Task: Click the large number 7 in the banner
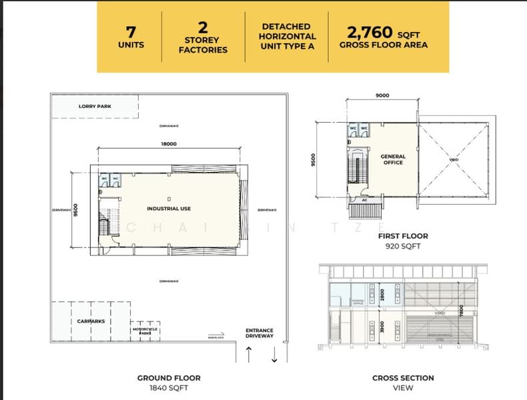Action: (131, 31)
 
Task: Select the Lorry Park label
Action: (94, 107)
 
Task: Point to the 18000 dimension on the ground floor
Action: (168, 143)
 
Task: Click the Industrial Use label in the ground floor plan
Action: (169, 209)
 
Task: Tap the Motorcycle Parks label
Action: (145, 330)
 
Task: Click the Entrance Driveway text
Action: (259, 333)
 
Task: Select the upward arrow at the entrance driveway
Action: (249, 354)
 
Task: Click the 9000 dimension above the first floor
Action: (382, 95)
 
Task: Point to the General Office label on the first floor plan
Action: (393, 159)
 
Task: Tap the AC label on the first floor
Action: (365, 199)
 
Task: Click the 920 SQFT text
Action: (402, 246)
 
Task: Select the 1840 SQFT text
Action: (169, 387)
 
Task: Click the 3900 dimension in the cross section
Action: (382, 327)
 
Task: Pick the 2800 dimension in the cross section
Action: (382, 294)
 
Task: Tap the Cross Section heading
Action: (402, 378)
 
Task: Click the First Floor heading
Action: (402, 236)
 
